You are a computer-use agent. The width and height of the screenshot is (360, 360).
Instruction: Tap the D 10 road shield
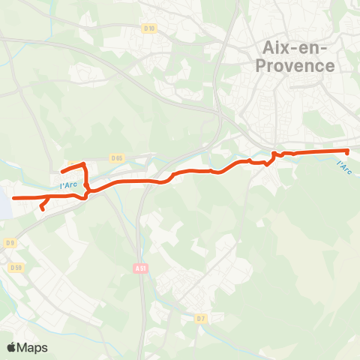(150, 29)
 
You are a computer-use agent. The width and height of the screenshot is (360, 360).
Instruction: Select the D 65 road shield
(116, 158)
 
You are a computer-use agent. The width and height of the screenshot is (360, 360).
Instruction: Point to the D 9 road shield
(10, 242)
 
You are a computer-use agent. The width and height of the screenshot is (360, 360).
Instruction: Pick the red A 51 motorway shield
(141, 268)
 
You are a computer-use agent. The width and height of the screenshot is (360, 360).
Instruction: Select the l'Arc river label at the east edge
(344, 166)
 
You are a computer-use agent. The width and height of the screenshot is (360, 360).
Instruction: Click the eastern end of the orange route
(349, 151)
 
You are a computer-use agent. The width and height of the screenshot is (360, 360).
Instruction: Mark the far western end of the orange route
(13, 197)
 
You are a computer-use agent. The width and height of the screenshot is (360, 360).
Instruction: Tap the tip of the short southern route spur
(42, 209)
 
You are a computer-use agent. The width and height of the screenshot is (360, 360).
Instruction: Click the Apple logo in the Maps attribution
(11, 347)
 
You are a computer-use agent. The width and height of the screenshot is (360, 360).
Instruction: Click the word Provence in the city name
(298, 65)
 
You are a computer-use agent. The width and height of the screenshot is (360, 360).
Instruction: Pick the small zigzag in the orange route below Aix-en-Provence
(274, 155)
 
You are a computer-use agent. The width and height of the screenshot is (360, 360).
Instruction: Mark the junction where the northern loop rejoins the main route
(87, 193)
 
